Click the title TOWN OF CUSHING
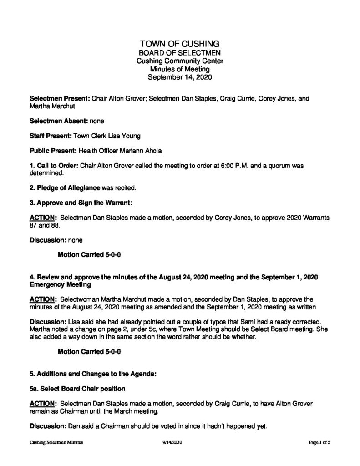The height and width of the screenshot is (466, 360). tap(180, 44)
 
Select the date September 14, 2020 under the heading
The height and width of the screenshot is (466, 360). tap(180, 77)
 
